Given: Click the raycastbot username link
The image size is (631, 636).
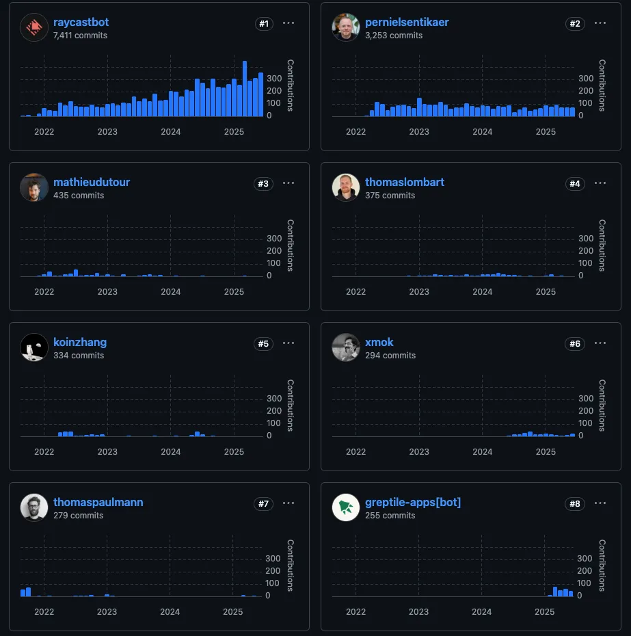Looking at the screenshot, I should click(x=81, y=23).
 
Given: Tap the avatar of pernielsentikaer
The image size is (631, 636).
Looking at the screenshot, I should click(x=345, y=27).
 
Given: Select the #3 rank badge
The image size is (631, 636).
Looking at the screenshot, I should click(x=263, y=183).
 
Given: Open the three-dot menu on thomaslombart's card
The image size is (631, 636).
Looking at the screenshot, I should click(x=600, y=183).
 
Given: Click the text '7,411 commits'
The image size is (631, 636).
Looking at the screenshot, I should click(x=80, y=36).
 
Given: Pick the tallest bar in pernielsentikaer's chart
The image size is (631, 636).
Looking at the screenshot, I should click(x=419, y=107).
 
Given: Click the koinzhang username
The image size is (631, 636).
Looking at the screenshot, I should click(x=80, y=342).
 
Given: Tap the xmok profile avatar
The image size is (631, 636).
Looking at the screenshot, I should click(x=345, y=347).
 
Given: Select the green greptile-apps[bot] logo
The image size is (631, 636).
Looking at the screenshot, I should click(x=345, y=507).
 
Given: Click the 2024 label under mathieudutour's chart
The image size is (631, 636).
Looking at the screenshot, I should click(x=170, y=292).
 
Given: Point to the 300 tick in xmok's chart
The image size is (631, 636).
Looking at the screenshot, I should click(x=586, y=399).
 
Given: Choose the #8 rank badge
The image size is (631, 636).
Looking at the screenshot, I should click(x=575, y=503).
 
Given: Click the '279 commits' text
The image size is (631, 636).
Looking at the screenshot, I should click(x=78, y=516).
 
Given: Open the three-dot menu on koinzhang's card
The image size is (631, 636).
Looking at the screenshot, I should click(x=288, y=343).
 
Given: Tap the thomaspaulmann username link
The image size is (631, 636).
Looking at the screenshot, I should click(x=98, y=502).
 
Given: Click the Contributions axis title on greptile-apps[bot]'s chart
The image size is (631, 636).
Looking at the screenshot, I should click(x=602, y=565).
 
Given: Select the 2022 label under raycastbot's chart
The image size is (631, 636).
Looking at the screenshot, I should click(x=44, y=132).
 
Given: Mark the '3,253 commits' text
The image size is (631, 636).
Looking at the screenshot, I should click(x=394, y=36).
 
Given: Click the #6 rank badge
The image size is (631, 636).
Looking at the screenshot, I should click(x=575, y=343).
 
